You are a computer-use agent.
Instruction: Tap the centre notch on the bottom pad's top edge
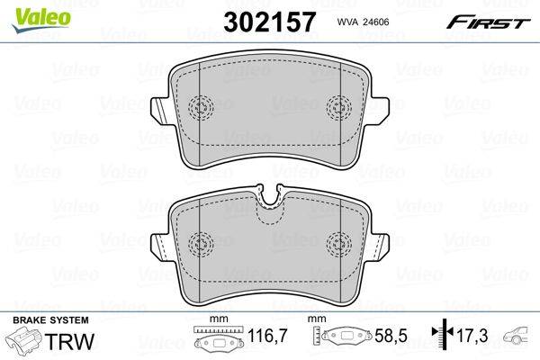pos(270,199)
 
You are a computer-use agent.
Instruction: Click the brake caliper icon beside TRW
pos(23,343)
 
